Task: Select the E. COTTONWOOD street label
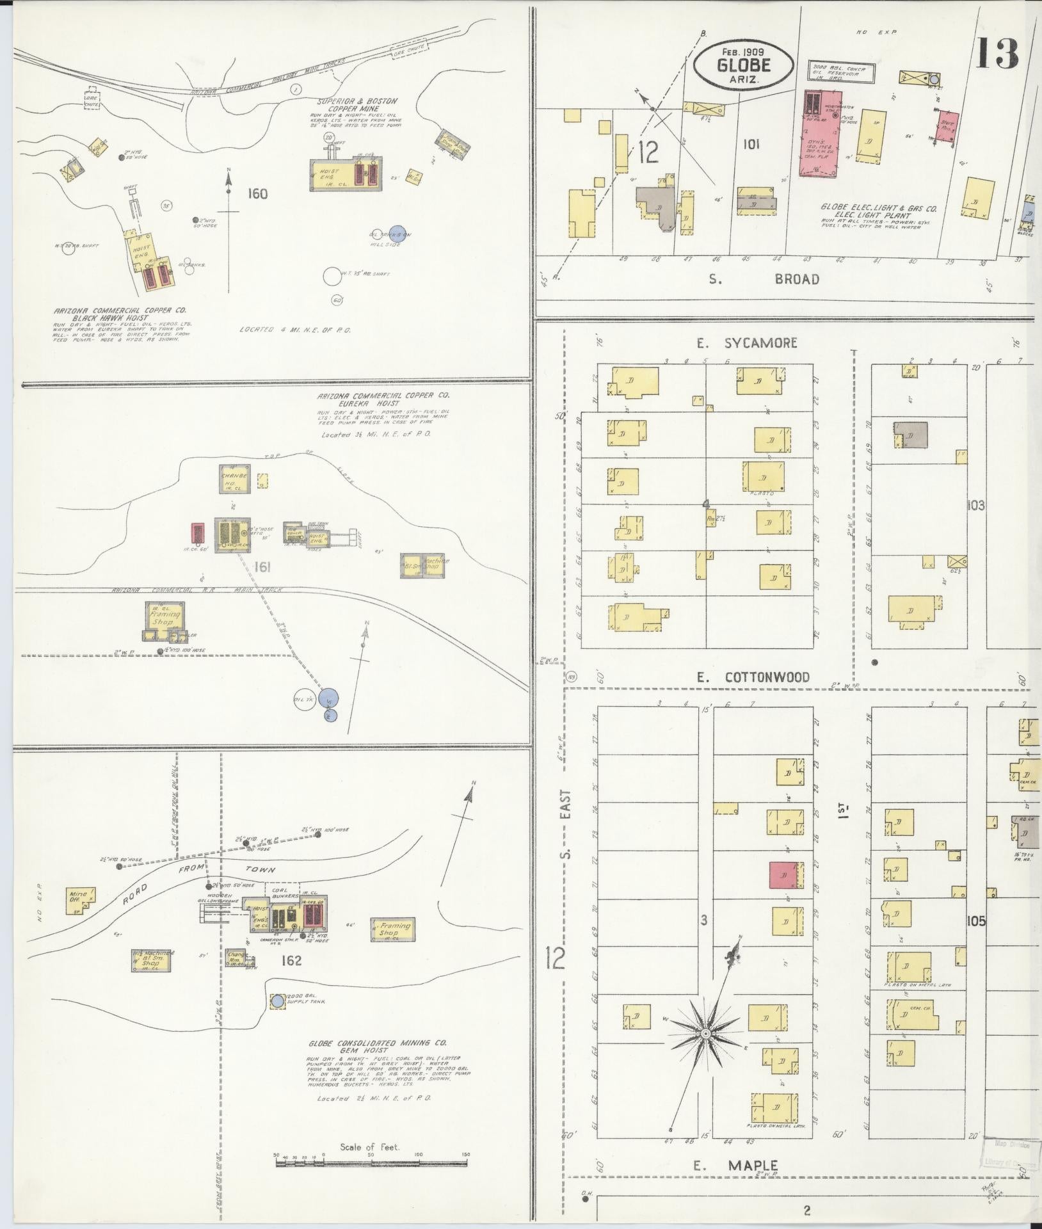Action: tap(754, 677)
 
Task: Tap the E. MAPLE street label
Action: tap(736, 1166)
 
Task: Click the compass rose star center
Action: tap(705, 1034)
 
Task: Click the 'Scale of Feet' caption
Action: tap(369, 1146)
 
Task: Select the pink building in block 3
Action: tap(782, 875)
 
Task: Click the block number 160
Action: tap(257, 193)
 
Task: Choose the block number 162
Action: tap(291, 961)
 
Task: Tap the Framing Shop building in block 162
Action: tap(392, 929)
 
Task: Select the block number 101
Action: tap(751, 145)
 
